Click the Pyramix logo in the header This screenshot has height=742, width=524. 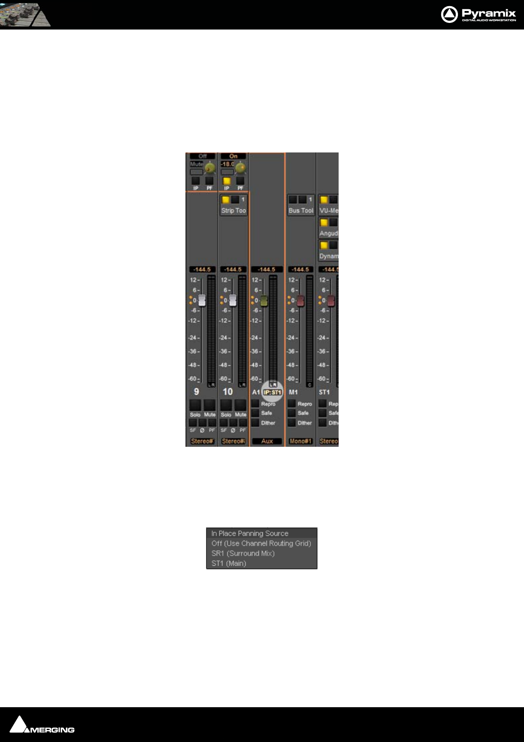478,15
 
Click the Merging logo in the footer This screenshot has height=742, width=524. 42,725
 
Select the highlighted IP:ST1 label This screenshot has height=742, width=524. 273,392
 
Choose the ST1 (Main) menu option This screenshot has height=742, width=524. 229,564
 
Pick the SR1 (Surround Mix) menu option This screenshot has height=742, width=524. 243,553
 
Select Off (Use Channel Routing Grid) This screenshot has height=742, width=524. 261,543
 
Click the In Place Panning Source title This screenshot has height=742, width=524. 250,533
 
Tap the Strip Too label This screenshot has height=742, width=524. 233,211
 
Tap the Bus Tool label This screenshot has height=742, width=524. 301,211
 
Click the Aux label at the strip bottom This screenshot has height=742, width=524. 267,441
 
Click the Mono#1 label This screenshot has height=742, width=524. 300,441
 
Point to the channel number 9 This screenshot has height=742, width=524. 196,392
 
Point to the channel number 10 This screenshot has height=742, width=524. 228,392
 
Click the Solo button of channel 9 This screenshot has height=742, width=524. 195,405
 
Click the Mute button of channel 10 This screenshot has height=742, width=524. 240,405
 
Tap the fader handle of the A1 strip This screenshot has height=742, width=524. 264,301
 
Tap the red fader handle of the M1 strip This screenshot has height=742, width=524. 300,301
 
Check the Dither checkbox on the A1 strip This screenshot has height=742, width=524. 255,423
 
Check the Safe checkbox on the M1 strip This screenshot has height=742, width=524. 292,413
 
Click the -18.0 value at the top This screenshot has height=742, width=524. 227,164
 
